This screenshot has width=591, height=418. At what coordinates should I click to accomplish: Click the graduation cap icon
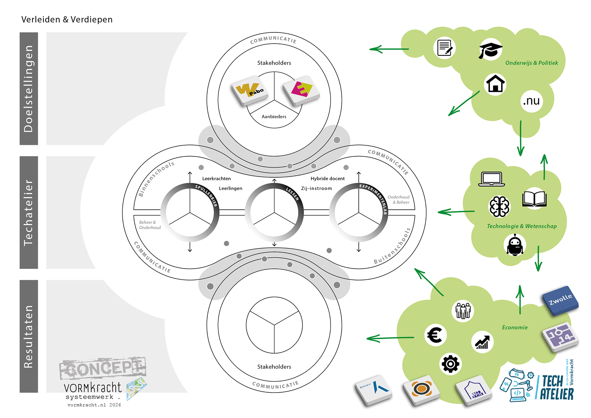click(490, 50)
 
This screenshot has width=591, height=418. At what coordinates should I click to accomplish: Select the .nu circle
click(531, 101)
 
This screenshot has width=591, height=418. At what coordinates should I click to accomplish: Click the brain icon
click(499, 207)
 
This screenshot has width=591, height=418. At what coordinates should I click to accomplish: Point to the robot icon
click(515, 245)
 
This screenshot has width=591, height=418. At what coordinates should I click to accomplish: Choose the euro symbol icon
click(435, 335)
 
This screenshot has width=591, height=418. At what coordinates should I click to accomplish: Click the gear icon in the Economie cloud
click(450, 364)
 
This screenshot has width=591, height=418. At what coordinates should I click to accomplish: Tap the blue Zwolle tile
click(560, 301)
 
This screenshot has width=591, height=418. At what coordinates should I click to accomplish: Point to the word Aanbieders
click(274, 117)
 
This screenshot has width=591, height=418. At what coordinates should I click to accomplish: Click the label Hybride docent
click(327, 179)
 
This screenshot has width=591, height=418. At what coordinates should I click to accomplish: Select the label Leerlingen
click(230, 188)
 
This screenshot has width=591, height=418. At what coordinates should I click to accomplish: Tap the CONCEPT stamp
click(103, 369)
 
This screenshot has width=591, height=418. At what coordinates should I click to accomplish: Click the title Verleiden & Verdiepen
click(67, 20)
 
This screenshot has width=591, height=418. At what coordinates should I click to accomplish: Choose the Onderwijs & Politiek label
click(532, 63)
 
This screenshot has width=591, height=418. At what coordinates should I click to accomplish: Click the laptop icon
click(491, 179)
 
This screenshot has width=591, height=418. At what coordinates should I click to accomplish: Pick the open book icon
click(534, 199)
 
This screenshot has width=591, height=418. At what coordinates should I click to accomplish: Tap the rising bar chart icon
click(482, 342)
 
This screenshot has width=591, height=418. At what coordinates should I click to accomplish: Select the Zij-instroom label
click(316, 188)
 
